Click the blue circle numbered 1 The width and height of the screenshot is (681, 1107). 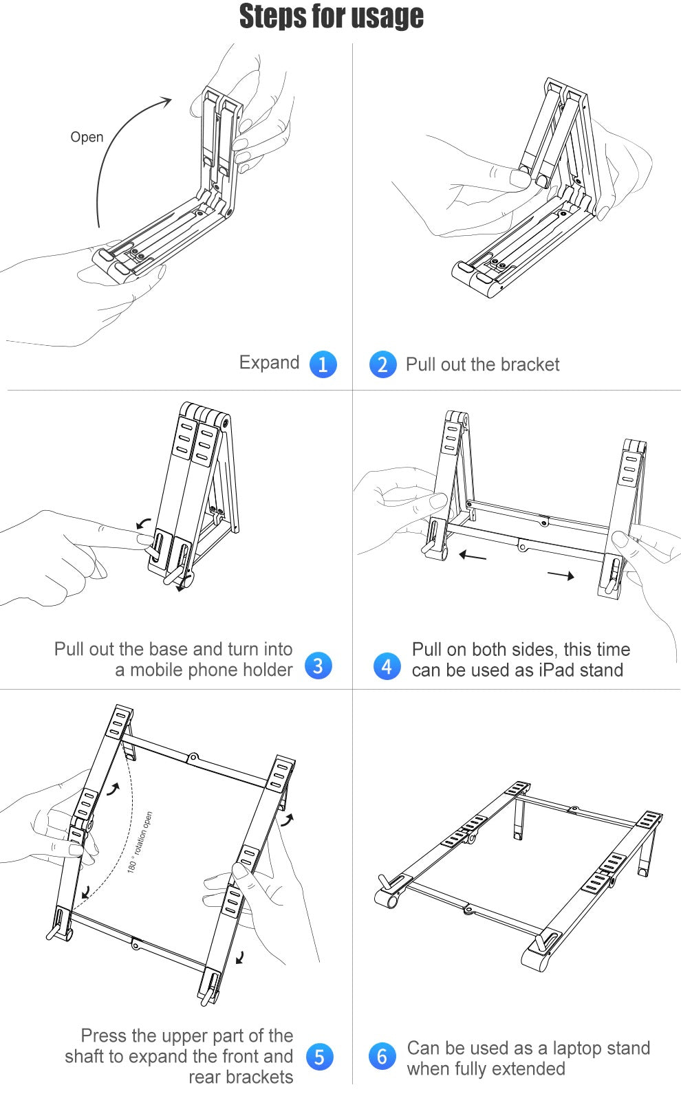pos(323,364)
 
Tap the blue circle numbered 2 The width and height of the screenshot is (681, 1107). pos(382,364)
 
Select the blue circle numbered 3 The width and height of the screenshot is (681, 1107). pos(318,665)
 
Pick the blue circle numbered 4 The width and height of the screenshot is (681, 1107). pos(387,666)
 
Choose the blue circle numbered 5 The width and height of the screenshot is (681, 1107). pos(319,1056)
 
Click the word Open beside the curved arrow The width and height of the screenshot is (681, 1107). pos(87,138)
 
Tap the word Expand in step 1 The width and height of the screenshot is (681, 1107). pos(269,363)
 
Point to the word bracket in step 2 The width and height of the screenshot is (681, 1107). pos(530,364)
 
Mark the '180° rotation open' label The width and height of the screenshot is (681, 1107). pos(140,842)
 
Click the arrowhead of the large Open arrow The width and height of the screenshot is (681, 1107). pos(166,101)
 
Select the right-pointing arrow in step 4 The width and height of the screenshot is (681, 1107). pos(561,576)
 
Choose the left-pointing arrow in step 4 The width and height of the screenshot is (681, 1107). pos(473,556)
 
